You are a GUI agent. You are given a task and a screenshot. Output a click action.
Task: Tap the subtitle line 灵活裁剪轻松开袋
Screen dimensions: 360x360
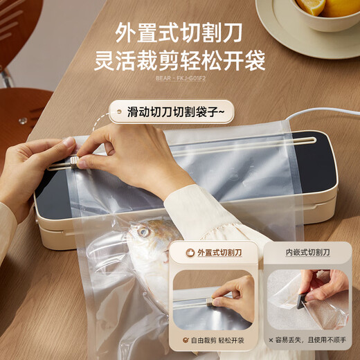coord(180,61)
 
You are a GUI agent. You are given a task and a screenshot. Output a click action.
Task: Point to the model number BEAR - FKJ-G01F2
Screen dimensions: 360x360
coord(180,78)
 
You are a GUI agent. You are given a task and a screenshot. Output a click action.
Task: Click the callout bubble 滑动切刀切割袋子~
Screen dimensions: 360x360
coord(172,111)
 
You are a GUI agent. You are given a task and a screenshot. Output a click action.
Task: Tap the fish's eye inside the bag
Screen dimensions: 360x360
coord(143,231)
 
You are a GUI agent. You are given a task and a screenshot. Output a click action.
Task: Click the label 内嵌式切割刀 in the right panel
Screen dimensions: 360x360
coord(308,253)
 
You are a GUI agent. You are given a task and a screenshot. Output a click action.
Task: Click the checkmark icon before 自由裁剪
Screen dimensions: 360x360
coord(186,341)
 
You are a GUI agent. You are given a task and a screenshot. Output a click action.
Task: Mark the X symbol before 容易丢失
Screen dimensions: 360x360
coord(271,341)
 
